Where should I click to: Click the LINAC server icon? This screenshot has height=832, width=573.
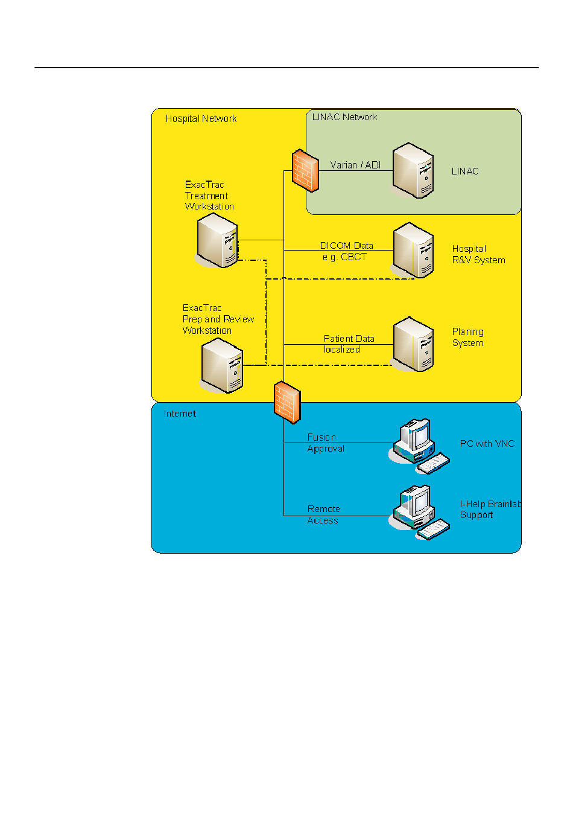413,170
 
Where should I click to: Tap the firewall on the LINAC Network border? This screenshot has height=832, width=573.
305,170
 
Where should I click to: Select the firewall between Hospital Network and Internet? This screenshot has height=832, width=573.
287,402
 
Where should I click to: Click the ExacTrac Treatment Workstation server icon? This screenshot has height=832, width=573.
217,240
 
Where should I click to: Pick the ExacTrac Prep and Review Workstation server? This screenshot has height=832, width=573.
221,365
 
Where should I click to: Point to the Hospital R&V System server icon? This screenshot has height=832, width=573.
413,250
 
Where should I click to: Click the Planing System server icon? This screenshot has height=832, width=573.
413,344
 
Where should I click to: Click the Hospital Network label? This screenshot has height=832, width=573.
201,118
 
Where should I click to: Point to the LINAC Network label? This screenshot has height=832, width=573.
344,117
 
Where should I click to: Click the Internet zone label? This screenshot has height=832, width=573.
180,414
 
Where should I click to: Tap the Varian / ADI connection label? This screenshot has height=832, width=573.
355,165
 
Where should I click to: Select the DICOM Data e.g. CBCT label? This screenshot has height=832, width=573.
346,251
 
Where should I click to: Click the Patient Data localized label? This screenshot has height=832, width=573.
349,344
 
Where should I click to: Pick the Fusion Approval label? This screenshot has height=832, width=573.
326,443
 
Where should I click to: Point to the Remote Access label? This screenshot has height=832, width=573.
323,514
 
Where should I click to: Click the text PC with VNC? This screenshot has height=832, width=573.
487,444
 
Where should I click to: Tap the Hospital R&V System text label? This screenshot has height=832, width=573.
478,254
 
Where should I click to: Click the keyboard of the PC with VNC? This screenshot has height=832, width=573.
434,463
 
